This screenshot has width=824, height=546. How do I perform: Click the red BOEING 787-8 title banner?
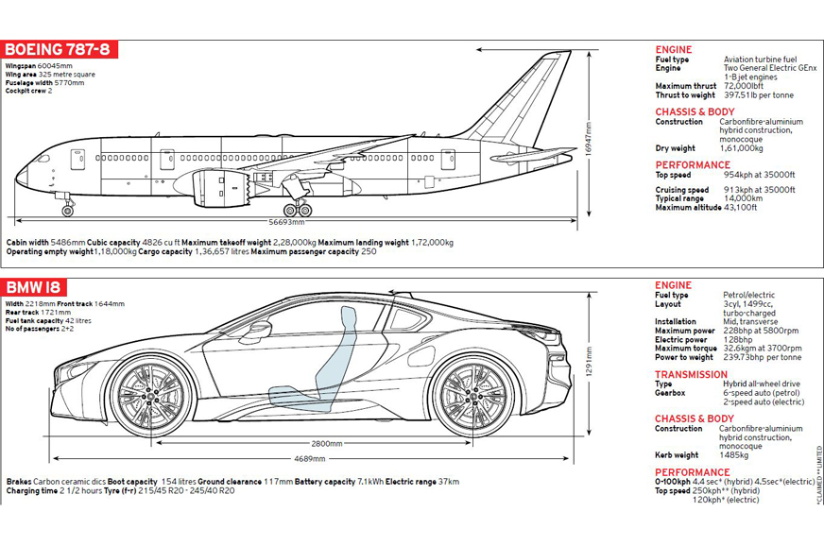pyautogui.click(x=60, y=50)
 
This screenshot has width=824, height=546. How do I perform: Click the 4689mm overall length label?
pyautogui.click(x=310, y=459)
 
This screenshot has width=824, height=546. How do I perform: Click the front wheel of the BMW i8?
pyautogui.click(x=151, y=395)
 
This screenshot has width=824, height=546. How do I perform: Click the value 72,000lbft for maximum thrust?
pyautogui.click(x=744, y=86)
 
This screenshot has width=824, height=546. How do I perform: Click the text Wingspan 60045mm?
pyautogui.click(x=38, y=66)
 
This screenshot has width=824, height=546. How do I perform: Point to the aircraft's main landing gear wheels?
pyautogui.click(x=298, y=209)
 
